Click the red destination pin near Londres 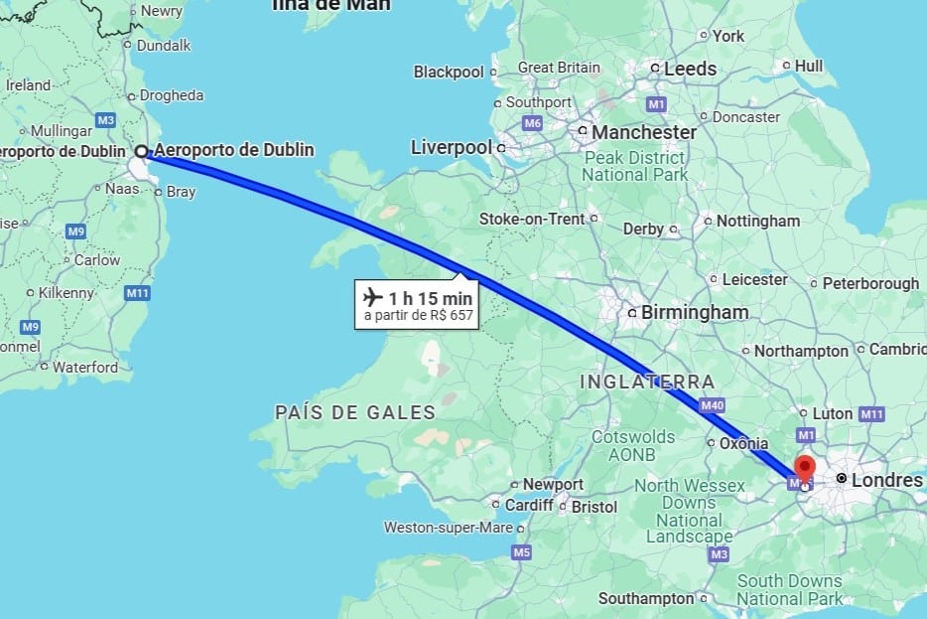[x=804, y=467]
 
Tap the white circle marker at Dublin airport [x=142, y=151]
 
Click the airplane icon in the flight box [x=373, y=298]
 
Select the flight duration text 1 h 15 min [x=430, y=298]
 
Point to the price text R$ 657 [x=449, y=317]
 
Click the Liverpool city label [x=451, y=147]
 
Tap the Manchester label [x=644, y=131]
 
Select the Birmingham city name [x=694, y=312]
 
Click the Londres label [x=886, y=480]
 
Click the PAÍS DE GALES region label [x=354, y=412]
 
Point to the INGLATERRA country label [x=647, y=382]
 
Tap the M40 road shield [x=711, y=405]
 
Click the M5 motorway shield [x=521, y=551]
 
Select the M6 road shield [x=532, y=123]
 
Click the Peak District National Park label [x=635, y=166]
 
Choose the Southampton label [x=646, y=598]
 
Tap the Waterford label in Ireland [x=84, y=367]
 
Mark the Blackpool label [x=449, y=72]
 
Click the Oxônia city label [x=744, y=443]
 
